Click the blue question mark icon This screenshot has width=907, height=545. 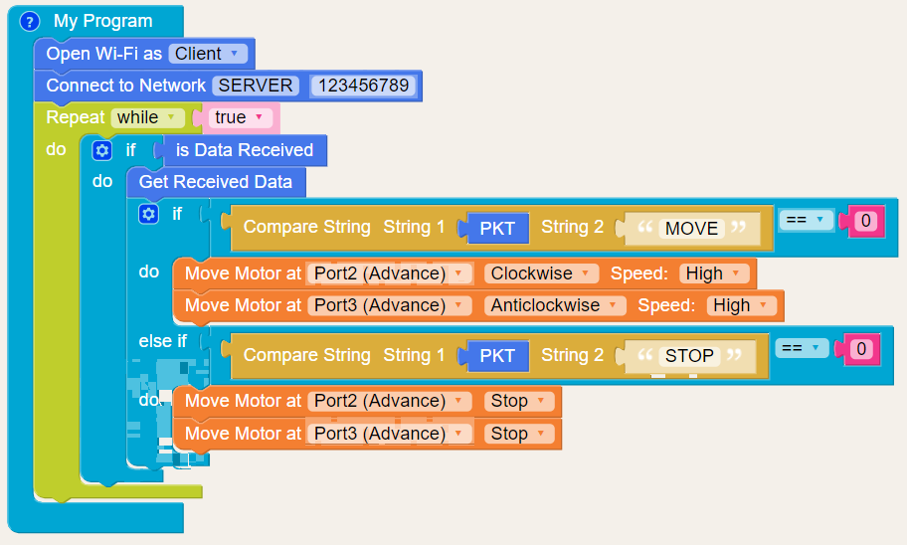click(x=30, y=21)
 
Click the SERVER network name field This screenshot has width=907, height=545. click(x=256, y=86)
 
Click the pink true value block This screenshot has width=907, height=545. click(x=239, y=117)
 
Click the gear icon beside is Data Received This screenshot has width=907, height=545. click(x=101, y=151)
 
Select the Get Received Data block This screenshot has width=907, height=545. click(x=216, y=182)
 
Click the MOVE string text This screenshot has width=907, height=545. click(x=691, y=228)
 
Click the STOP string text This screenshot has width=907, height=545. click(x=689, y=356)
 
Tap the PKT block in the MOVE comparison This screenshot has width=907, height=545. click(x=497, y=228)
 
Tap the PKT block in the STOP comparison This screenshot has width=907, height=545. click(x=497, y=356)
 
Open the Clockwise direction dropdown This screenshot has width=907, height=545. click(x=542, y=273)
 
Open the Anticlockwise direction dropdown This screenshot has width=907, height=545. click(x=555, y=305)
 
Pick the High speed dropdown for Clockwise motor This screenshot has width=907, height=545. click(x=714, y=273)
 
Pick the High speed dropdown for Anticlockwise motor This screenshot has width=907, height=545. click(x=742, y=305)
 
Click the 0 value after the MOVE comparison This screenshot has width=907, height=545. click(x=865, y=221)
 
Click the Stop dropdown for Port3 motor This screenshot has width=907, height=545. click(x=518, y=434)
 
